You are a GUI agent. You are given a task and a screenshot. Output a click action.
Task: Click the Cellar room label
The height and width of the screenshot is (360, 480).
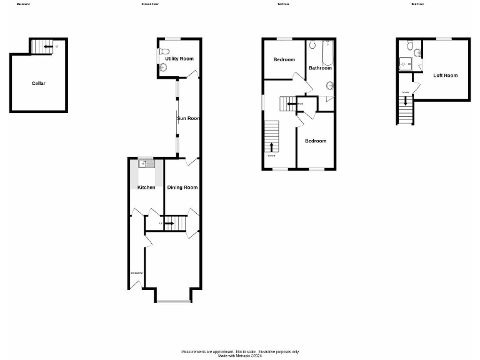pyautogui.click(x=39, y=83)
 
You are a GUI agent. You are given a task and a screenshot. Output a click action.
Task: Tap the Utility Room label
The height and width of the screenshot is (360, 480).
pyautogui.click(x=179, y=59)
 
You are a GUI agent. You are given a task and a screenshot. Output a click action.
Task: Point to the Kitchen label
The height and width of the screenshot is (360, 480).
pyautogui.click(x=146, y=187)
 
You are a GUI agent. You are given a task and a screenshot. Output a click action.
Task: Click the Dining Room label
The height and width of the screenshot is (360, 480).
pyautogui.click(x=182, y=187)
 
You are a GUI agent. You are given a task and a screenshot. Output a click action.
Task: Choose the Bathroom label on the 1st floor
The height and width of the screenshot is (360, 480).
pyautogui.click(x=320, y=68)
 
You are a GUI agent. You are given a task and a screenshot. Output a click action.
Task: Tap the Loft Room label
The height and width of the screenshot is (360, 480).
pyautogui.click(x=446, y=76)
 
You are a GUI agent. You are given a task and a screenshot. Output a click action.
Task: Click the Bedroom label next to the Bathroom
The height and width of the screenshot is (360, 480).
pyautogui.click(x=284, y=59)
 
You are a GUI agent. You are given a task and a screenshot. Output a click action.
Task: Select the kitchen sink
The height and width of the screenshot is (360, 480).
pyautogui.click(x=146, y=164)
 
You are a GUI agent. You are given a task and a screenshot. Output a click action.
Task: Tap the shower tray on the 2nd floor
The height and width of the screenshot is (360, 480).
pyautogui.click(x=407, y=62)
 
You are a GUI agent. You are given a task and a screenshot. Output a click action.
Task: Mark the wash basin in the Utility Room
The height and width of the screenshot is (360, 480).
pyautogui.click(x=164, y=67)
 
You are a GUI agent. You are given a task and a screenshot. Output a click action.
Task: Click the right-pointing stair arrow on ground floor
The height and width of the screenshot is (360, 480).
pyautogui.click(x=169, y=222)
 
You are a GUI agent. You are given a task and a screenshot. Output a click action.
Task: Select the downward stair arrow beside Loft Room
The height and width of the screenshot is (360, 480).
pyautogui.click(x=406, y=100)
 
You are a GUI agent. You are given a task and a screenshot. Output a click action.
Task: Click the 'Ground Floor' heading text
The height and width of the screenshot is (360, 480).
pyautogui.click(x=151, y=4)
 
